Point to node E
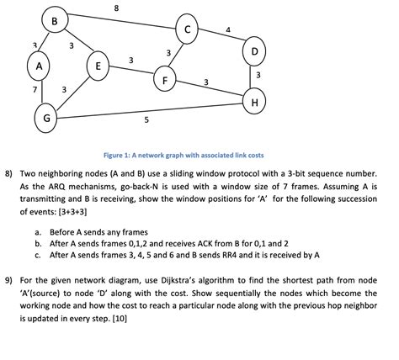98,65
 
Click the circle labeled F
165,81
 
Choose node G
46,119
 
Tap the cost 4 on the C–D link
228,31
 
